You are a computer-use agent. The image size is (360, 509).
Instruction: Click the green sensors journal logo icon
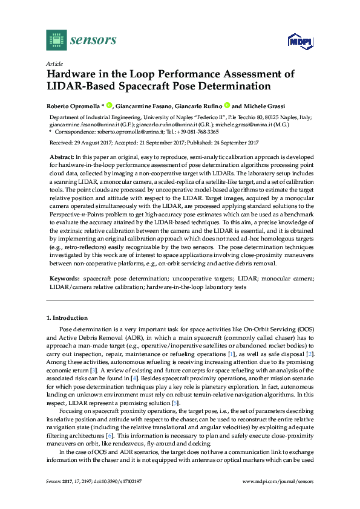56,40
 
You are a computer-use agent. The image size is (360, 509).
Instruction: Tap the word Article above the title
54,63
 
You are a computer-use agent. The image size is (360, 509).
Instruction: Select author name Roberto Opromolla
73,105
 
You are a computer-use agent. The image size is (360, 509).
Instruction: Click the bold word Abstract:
64,156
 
